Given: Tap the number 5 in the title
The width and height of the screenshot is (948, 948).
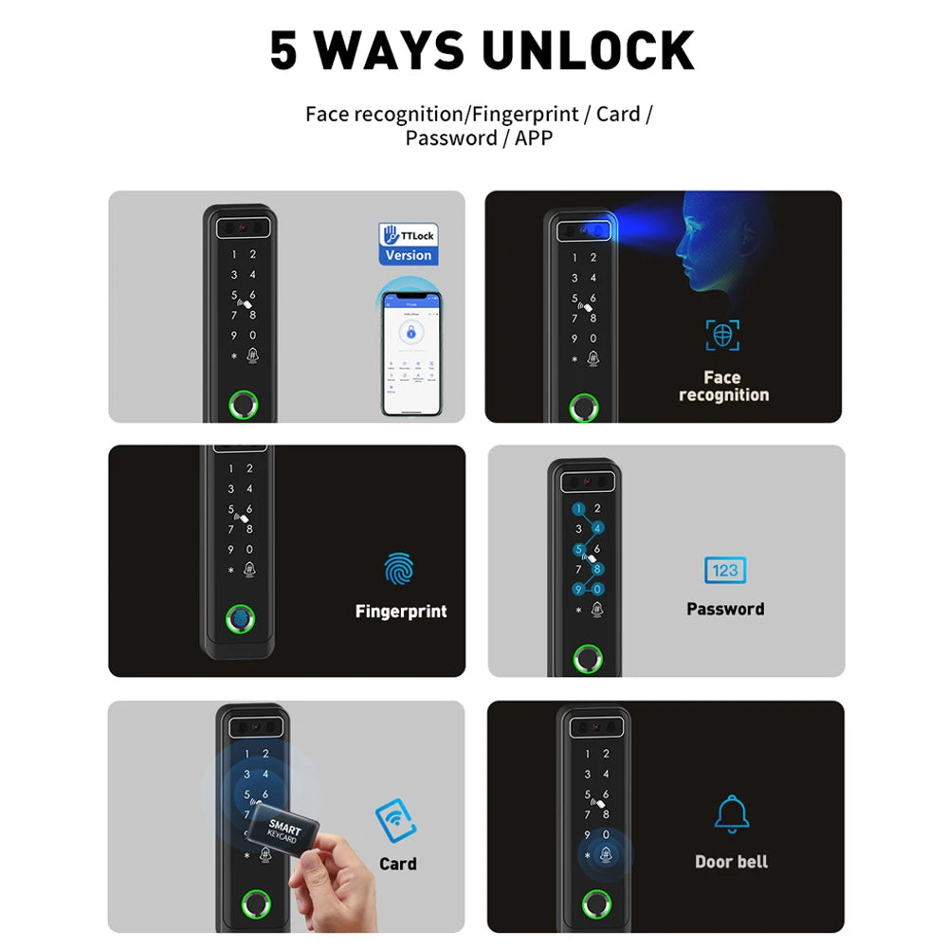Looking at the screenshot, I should [283, 50].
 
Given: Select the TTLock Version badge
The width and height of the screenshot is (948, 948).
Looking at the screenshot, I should [408, 244].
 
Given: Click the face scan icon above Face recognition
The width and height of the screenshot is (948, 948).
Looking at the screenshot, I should [722, 335].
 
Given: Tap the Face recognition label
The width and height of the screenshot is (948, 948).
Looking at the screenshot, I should [723, 386].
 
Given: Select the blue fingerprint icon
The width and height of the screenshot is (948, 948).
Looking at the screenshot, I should [399, 569].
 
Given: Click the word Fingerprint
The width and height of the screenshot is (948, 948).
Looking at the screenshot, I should [400, 611].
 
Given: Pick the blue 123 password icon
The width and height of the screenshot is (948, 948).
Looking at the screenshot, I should [725, 570].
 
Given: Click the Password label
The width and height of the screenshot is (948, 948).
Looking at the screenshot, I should [725, 610].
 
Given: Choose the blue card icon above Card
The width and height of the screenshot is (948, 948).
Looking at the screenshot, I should [395, 821].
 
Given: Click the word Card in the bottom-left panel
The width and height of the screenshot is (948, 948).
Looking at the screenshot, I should [397, 864].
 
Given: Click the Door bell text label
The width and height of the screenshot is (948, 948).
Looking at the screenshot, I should [731, 862].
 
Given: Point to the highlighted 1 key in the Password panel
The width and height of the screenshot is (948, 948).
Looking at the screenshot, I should [576, 509].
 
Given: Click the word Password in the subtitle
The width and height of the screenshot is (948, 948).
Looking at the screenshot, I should [451, 138].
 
